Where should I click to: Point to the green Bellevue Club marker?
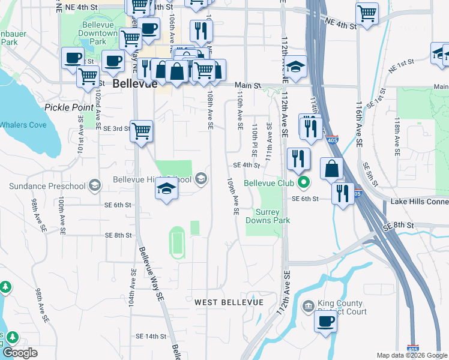304,182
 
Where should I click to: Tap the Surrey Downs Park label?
273,216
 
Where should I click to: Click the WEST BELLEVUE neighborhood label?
229,302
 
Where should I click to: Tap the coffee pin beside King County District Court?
326,320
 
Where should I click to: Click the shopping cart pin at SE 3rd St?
141,130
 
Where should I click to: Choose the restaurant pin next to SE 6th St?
342,193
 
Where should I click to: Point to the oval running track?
176,242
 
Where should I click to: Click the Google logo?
20,353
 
